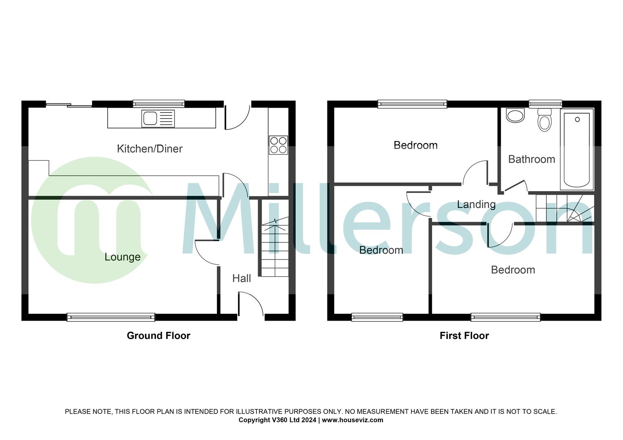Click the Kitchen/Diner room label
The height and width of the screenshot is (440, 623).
(150, 149)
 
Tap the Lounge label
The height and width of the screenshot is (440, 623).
(122, 257)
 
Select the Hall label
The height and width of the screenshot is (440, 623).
(241, 279)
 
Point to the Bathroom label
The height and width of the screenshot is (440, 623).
(531, 159)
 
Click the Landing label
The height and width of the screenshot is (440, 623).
(476, 205)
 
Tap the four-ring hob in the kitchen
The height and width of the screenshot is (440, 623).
(278, 145)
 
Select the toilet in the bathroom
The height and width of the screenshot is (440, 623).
(544, 120)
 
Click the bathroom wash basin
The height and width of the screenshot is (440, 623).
(515, 115)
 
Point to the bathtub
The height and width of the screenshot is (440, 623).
(577, 149)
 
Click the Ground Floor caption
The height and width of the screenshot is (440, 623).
(158, 336)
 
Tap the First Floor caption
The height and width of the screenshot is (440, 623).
(464, 336)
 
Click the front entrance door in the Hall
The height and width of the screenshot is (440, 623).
(250, 304)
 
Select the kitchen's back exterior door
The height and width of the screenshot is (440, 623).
(236, 117)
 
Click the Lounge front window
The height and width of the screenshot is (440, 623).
(111, 317)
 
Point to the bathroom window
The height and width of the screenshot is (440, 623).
(545, 104)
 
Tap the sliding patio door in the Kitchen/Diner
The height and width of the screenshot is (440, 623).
(68, 105)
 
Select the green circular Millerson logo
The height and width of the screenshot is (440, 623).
(92, 220)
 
